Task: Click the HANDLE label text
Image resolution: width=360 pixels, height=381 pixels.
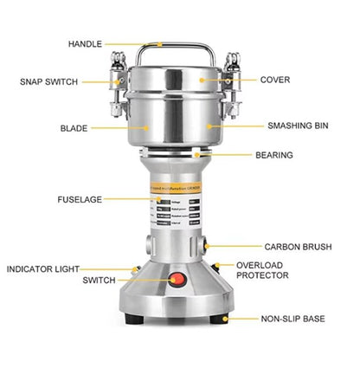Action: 85,43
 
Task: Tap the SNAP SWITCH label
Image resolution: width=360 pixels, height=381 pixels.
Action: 49,81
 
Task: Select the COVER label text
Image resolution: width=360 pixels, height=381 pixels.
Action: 275,79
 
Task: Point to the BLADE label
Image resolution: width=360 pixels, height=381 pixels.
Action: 74,127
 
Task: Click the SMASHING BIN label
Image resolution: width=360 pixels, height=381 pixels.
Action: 297,125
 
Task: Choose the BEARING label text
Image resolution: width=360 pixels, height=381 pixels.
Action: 273,156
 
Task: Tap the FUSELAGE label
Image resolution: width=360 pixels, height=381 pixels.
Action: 79,199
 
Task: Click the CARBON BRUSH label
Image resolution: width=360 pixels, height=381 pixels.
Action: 298,247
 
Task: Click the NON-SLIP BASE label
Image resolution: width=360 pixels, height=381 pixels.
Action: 293,319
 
